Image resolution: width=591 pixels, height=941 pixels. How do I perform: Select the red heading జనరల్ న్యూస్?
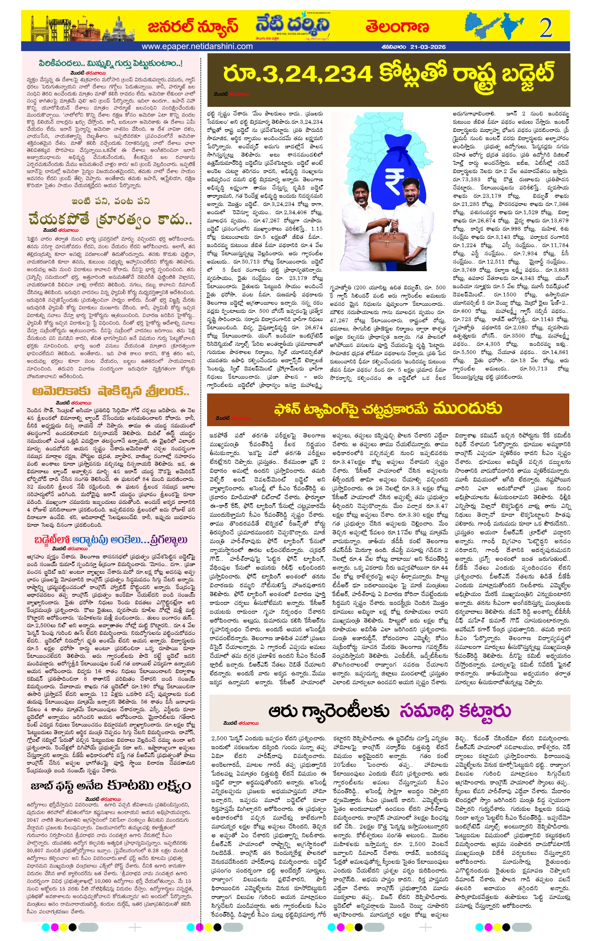click(193, 26)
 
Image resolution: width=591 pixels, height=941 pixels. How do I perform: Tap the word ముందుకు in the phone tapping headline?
click(468, 408)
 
